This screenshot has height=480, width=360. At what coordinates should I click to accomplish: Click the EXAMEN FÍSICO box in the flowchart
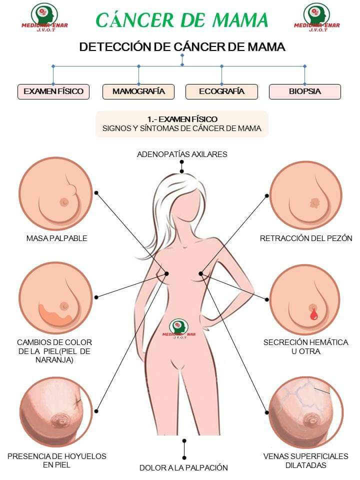[x=53, y=91]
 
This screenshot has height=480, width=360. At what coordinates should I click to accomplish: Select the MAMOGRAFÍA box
[x=138, y=91]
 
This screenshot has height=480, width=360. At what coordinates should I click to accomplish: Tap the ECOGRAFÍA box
[x=221, y=91]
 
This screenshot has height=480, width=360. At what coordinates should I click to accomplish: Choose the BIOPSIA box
[x=304, y=91]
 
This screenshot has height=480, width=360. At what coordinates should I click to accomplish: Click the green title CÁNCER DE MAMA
[x=182, y=20]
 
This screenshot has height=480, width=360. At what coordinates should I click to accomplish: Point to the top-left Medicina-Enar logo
[x=44, y=17]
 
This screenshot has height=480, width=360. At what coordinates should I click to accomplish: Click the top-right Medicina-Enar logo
[x=316, y=17]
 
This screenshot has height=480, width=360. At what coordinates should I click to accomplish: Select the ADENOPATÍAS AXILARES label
[x=182, y=154]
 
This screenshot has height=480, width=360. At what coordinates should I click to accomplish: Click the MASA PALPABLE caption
[x=56, y=238]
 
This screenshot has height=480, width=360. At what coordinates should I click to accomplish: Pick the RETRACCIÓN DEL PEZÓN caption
[x=306, y=238]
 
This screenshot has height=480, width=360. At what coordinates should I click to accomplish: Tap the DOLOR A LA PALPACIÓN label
[x=183, y=468]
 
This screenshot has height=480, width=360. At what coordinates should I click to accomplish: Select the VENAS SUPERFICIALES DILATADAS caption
[x=305, y=460]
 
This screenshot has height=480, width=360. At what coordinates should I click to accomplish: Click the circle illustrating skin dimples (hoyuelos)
[x=55, y=411]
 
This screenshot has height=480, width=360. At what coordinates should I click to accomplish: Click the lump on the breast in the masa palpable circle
[x=73, y=190]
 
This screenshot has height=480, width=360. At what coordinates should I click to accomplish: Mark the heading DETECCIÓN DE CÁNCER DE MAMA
[x=182, y=47]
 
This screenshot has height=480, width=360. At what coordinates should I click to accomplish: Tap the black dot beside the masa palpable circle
[x=96, y=192]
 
